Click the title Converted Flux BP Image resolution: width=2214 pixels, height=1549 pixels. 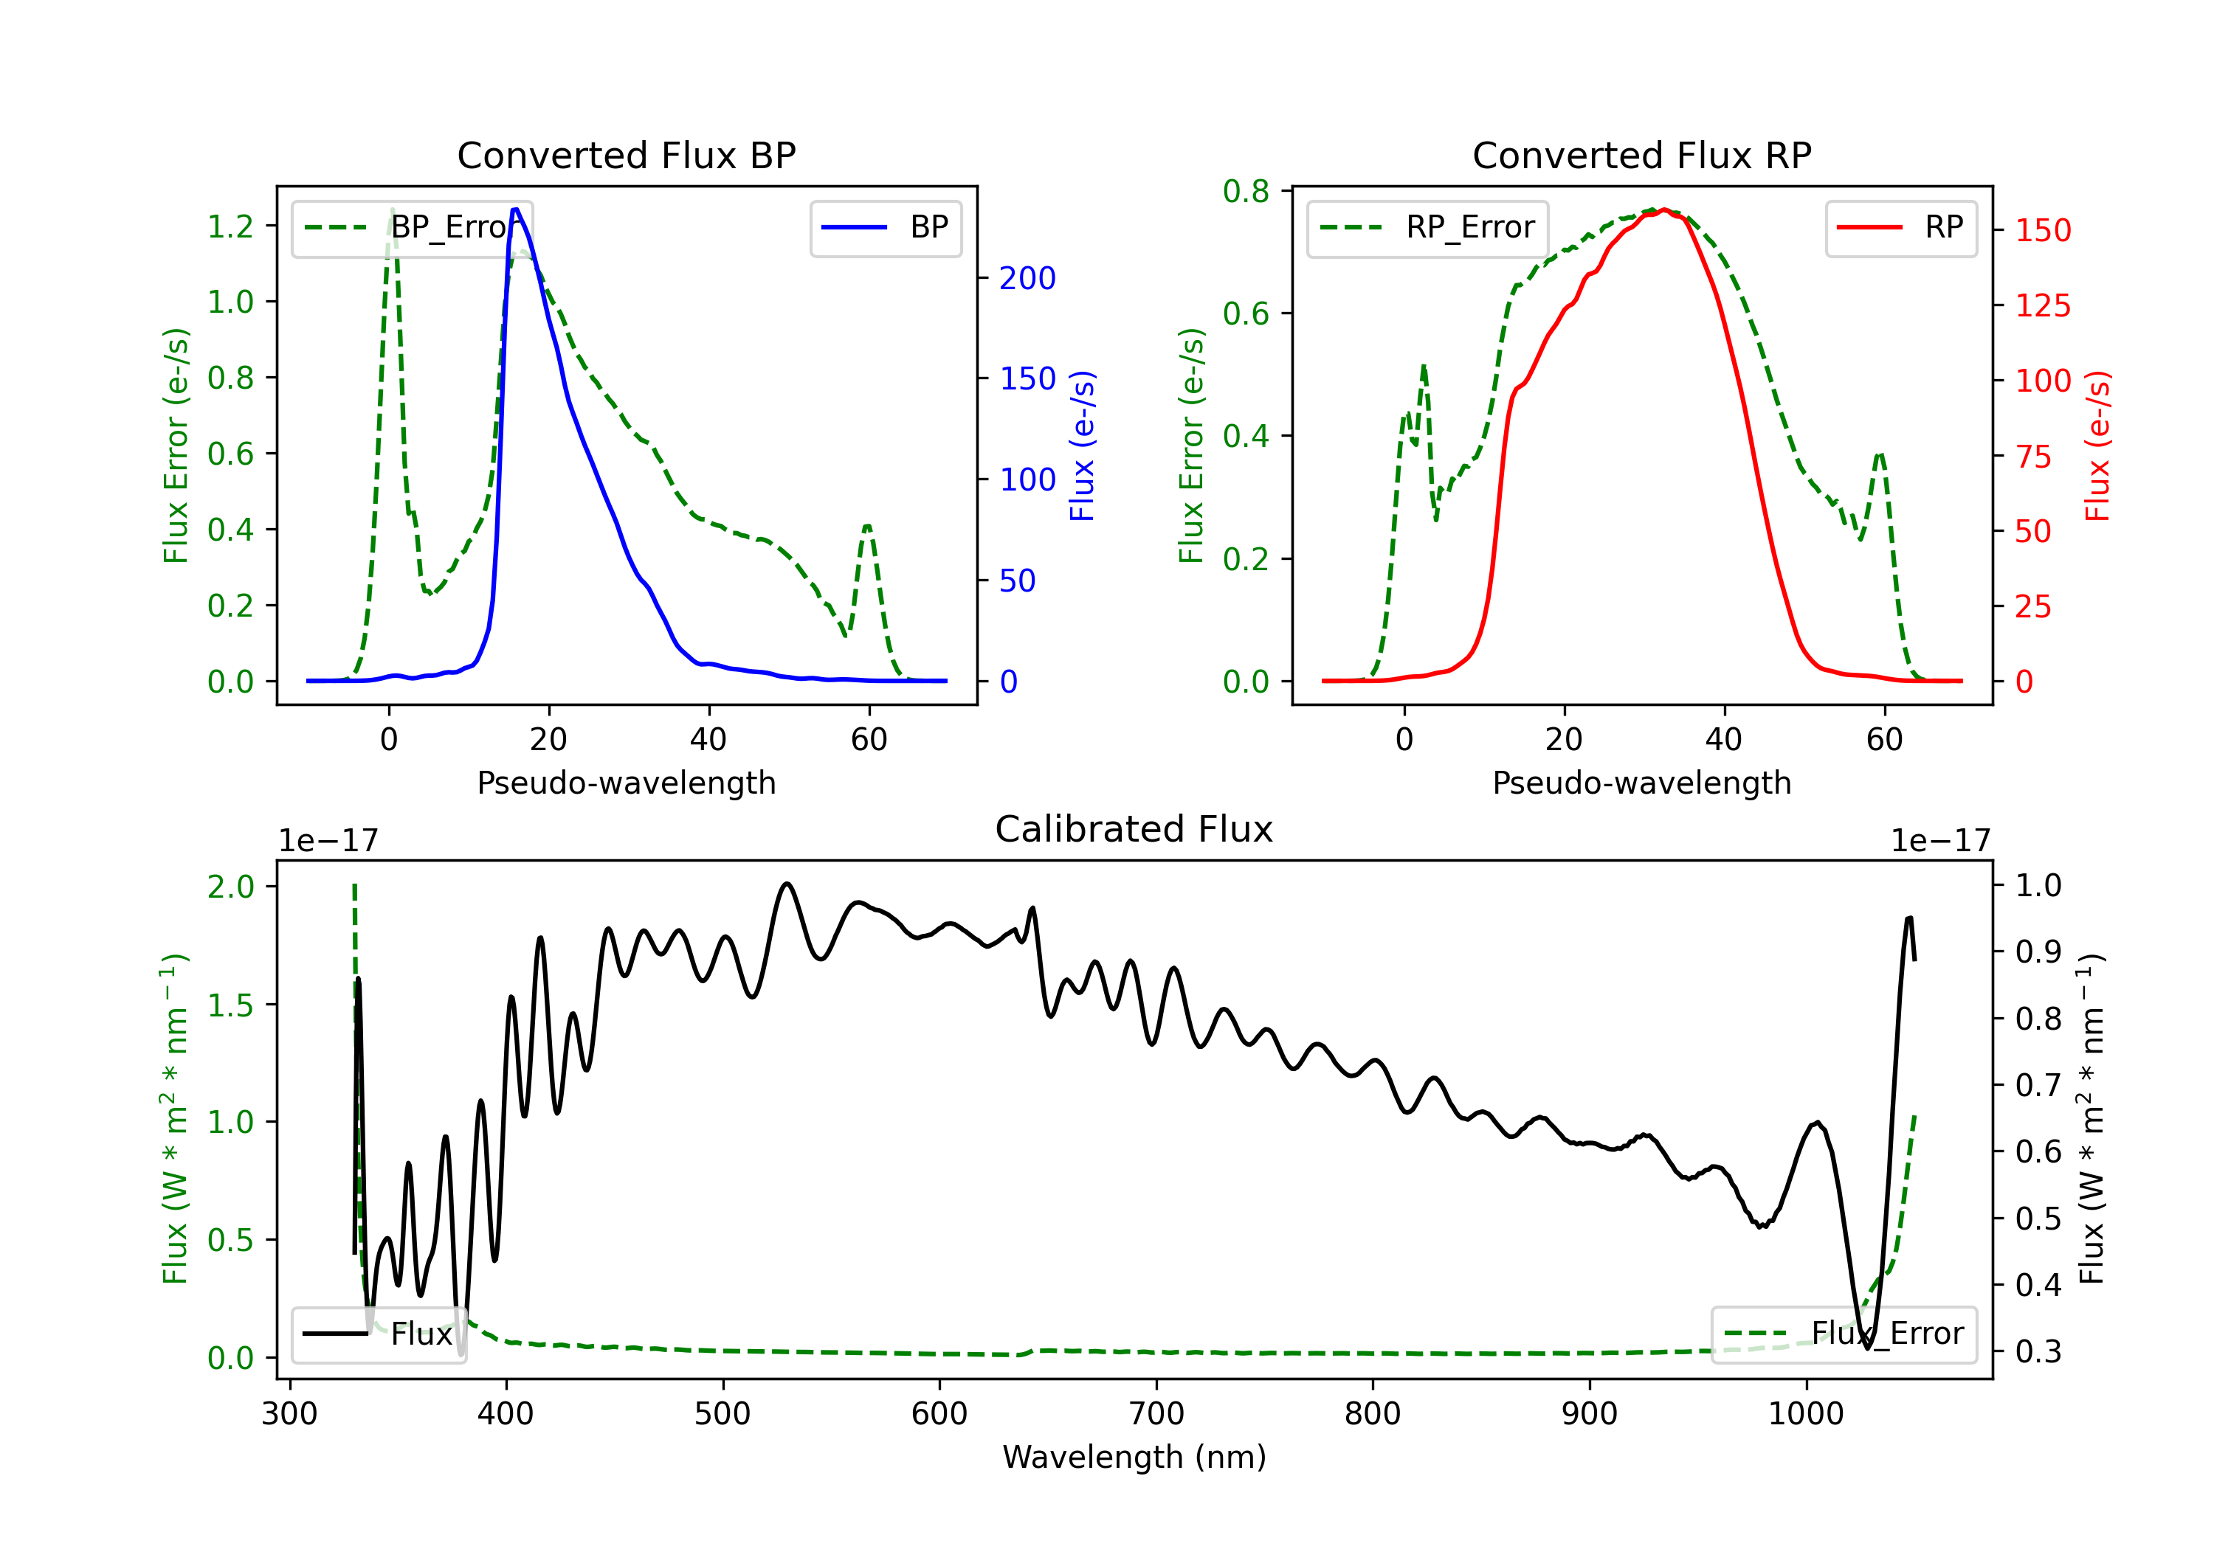[x=626, y=155]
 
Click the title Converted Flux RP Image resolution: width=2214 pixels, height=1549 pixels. [x=1641, y=155]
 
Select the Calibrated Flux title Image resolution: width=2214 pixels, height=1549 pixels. [x=1134, y=829]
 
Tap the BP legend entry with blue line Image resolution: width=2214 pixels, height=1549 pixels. [x=885, y=227]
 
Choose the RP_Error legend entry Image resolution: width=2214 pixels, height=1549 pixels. [x=1427, y=227]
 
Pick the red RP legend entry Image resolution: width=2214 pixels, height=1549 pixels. [x=1900, y=227]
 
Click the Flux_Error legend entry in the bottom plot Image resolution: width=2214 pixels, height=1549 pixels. [x=1844, y=1334]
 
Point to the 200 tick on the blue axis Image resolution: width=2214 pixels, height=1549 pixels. [x=1027, y=279]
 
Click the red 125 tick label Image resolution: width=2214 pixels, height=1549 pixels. [x=2042, y=305]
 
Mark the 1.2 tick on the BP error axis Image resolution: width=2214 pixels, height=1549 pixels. [x=230, y=226]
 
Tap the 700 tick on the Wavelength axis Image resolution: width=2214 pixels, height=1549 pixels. [x=1156, y=1414]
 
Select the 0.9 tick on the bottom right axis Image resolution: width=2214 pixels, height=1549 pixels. [x=2038, y=952]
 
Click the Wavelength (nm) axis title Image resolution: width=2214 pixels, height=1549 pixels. [x=1134, y=1457]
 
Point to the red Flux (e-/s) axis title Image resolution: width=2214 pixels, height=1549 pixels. [x=2098, y=446]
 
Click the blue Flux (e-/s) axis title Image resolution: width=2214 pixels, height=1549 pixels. [x=1083, y=446]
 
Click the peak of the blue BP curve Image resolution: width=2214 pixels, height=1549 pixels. [x=516, y=209]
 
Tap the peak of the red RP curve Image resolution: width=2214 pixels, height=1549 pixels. [x=1664, y=209]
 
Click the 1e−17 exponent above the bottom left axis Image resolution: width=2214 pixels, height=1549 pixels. [x=328, y=842]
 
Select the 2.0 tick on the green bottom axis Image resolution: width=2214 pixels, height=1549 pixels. [x=230, y=886]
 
